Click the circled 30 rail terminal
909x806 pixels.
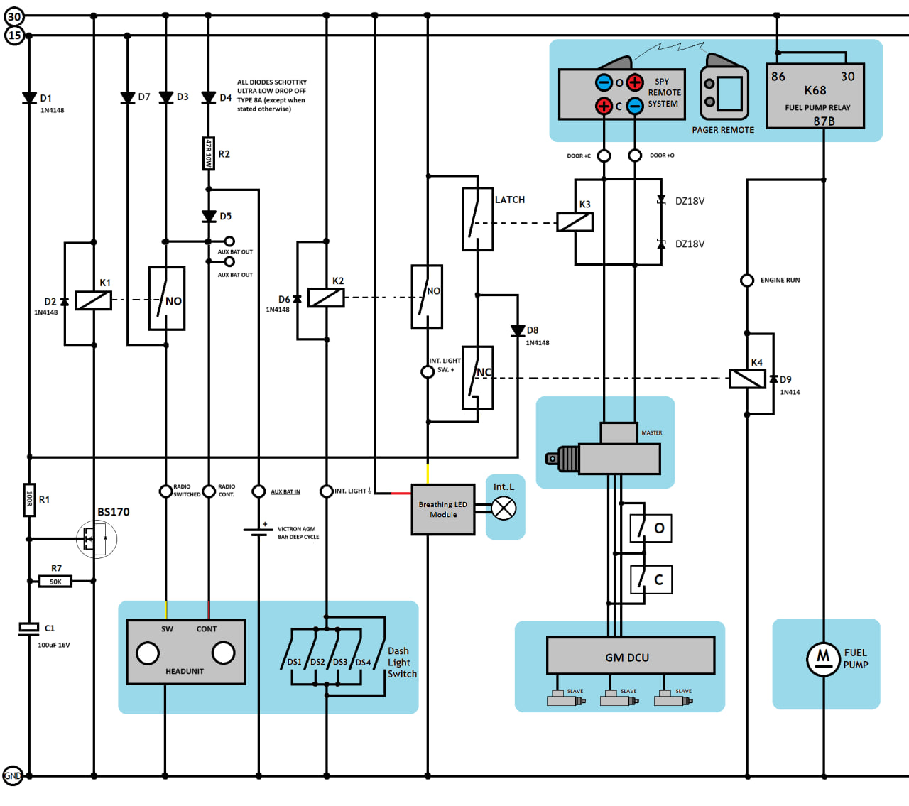[x=14, y=16]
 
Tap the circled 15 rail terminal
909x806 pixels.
[x=14, y=35]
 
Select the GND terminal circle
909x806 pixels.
[x=12, y=775]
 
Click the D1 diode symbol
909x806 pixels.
[x=29, y=98]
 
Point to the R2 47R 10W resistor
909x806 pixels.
[x=208, y=153]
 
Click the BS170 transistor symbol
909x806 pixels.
[x=97, y=538]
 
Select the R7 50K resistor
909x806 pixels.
[x=55, y=582]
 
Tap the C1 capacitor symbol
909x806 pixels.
[x=28, y=629]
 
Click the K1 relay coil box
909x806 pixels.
[x=93, y=300]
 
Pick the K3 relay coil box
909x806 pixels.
[x=575, y=222]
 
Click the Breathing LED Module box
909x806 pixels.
[x=443, y=509]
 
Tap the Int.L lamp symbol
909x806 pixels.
[x=504, y=508]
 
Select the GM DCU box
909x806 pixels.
[x=631, y=655]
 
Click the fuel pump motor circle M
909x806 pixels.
[x=823, y=659]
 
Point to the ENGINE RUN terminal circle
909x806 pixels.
[x=746, y=281]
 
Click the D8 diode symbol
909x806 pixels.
[x=518, y=331]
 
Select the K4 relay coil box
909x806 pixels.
[x=747, y=379]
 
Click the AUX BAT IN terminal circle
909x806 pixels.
[x=258, y=491]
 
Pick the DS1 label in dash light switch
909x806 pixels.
[x=294, y=662]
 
